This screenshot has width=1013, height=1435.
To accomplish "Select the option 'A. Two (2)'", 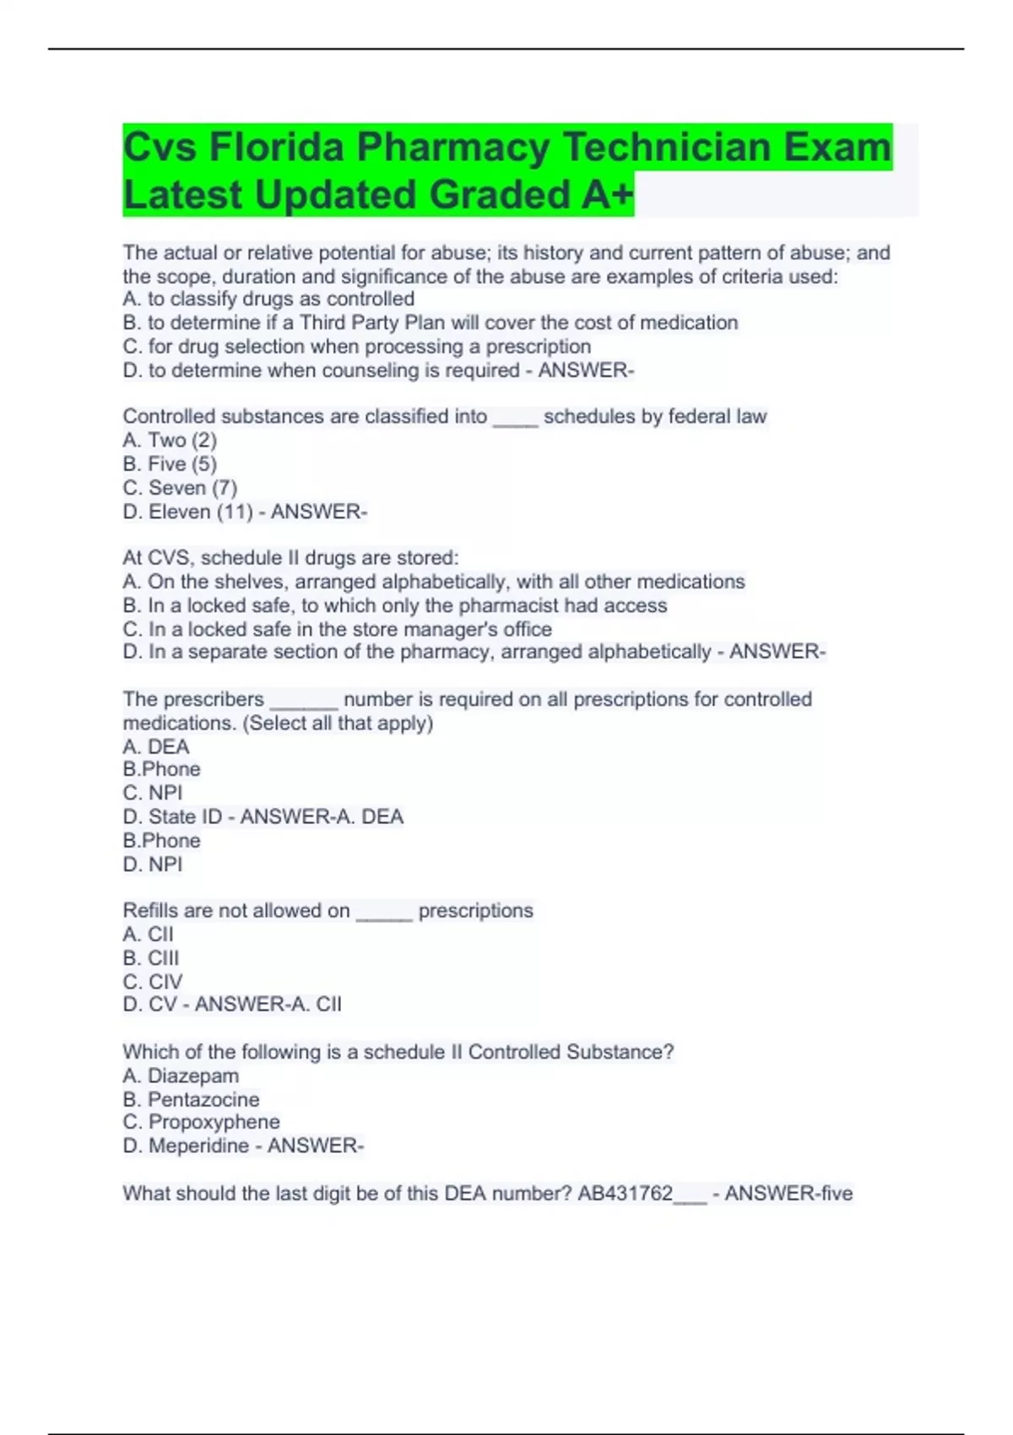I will [170, 440].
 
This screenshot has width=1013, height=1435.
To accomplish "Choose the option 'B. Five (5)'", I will [170, 463].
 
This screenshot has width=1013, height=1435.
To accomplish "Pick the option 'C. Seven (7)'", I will [180, 488].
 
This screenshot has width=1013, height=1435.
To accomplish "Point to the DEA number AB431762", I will [625, 1193].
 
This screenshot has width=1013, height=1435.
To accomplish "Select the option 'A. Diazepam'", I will [181, 1075].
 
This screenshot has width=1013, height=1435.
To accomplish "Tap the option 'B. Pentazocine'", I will [191, 1099].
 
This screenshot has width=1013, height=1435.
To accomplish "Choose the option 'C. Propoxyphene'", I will [201, 1122].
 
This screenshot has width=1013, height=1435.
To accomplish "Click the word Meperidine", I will [198, 1145].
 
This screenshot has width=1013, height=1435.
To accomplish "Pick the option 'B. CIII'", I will [151, 958].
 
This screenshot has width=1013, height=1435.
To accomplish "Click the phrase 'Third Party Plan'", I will [371, 322].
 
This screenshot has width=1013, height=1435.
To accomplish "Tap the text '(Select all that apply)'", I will [338, 723].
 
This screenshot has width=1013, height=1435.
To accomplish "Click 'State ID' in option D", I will [185, 816].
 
